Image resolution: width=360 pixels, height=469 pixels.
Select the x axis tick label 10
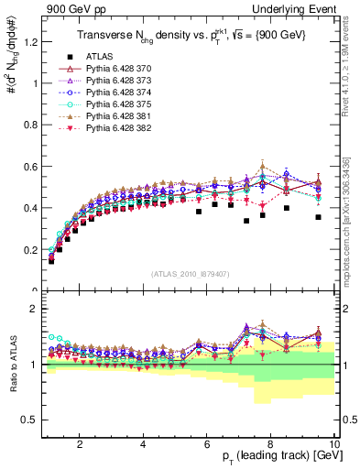pyautogui.click(x=334, y=444)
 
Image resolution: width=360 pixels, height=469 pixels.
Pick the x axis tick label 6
pyautogui.click(x=207, y=444)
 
